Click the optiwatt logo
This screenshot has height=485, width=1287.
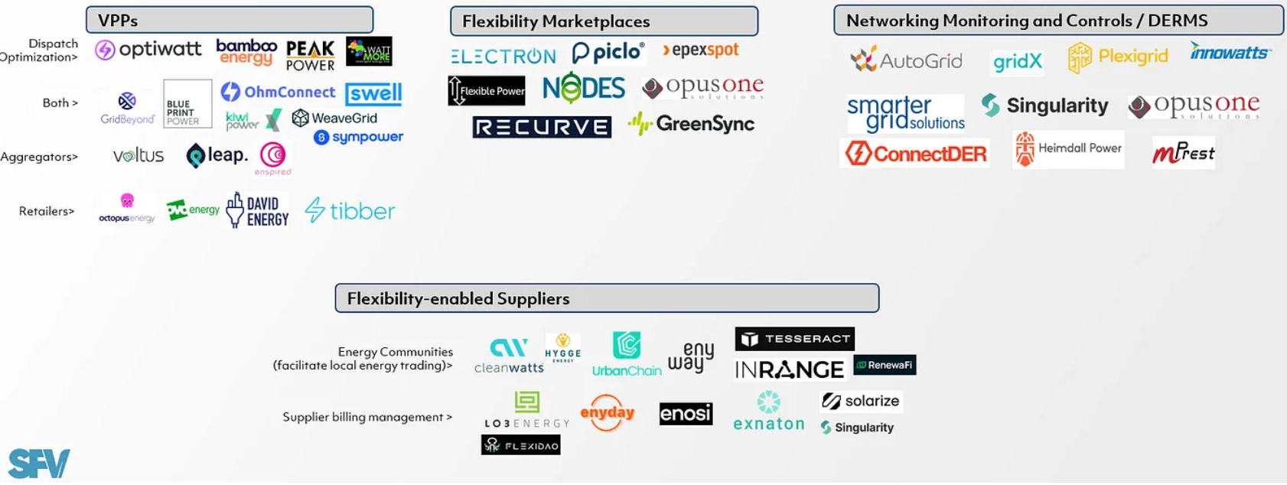click(x=148, y=50)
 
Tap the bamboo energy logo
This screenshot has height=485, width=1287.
click(x=246, y=52)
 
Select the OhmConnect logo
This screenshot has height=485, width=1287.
click(x=279, y=93)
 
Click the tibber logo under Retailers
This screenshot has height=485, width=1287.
click(x=350, y=210)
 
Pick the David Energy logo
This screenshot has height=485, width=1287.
click(x=258, y=210)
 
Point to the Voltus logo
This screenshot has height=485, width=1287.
click(x=138, y=156)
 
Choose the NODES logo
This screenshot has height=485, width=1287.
click(x=584, y=89)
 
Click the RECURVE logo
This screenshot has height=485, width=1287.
click(x=542, y=127)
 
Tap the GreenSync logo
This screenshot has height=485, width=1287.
click(x=691, y=124)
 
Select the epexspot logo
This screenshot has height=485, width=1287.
click(x=701, y=50)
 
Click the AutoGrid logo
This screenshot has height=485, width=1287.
click(x=907, y=60)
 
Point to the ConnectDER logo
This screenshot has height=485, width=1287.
click(x=916, y=154)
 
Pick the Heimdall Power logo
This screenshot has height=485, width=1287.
click(x=1068, y=149)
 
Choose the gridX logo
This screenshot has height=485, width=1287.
click(x=1017, y=62)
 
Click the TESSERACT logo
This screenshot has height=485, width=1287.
click(x=795, y=339)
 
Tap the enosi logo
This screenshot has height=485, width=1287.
click(x=686, y=414)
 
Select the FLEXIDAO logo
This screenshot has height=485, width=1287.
click(x=521, y=445)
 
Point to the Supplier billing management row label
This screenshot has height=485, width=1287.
click(x=367, y=417)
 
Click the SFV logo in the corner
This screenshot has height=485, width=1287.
click(x=38, y=464)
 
